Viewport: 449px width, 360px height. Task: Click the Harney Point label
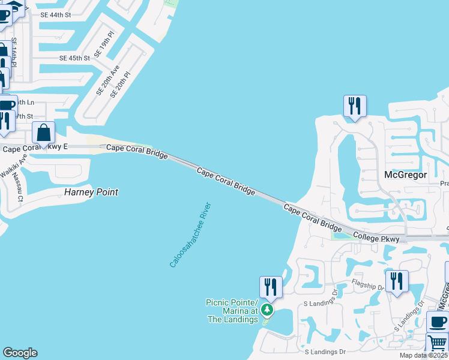(91, 193)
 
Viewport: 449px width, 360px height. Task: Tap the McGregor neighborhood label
(405, 175)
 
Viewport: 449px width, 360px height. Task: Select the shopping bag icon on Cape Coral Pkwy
(43, 133)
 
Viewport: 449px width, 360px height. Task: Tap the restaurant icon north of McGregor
(354, 107)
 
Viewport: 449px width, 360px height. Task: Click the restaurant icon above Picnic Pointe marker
(270, 287)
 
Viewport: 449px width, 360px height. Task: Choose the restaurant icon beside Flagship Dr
(397, 281)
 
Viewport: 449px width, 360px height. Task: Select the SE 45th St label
(74, 58)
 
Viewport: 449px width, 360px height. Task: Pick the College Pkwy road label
(376, 238)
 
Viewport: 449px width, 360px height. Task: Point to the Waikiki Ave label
(14, 166)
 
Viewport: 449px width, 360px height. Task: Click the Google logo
(20, 353)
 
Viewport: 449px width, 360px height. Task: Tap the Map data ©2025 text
(423, 355)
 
